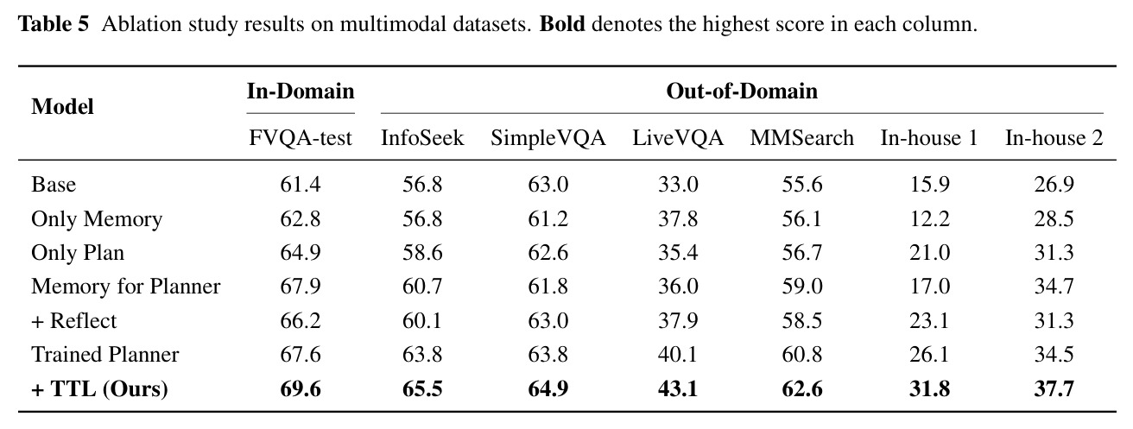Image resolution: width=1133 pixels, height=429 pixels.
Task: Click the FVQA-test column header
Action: (x=300, y=138)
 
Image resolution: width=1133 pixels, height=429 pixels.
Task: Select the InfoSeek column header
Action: (x=422, y=138)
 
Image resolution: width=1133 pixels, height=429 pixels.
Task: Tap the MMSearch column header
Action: (x=801, y=138)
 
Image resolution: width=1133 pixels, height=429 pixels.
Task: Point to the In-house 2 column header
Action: (x=1054, y=138)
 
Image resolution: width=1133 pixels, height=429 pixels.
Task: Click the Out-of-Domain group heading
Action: (x=742, y=91)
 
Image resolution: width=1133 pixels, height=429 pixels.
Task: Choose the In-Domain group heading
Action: (x=301, y=91)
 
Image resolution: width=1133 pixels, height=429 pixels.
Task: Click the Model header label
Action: (x=62, y=107)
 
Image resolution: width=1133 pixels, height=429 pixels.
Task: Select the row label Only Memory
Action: (x=97, y=218)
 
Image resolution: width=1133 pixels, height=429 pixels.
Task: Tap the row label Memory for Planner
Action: (x=126, y=287)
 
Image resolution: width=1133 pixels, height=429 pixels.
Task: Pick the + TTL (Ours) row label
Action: (x=99, y=389)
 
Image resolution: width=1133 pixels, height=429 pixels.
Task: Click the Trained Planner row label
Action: (x=105, y=354)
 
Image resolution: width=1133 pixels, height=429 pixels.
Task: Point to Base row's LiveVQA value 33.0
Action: (x=678, y=185)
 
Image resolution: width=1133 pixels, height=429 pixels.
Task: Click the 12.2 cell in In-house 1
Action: (x=930, y=218)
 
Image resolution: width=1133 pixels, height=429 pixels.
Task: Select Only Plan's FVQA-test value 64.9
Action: (x=300, y=253)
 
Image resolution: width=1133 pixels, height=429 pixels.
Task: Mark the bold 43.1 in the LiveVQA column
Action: (x=678, y=389)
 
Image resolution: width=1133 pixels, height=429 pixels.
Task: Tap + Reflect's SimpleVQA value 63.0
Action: (x=548, y=321)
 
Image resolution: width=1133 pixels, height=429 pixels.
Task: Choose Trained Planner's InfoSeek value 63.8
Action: (x=422, y=354)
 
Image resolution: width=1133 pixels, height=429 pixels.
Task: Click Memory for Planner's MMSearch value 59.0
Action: (x=801, y=287)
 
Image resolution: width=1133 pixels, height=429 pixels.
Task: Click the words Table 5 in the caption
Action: (x=54, y=24)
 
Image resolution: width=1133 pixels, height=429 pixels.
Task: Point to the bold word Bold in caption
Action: (x=562, y=24)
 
